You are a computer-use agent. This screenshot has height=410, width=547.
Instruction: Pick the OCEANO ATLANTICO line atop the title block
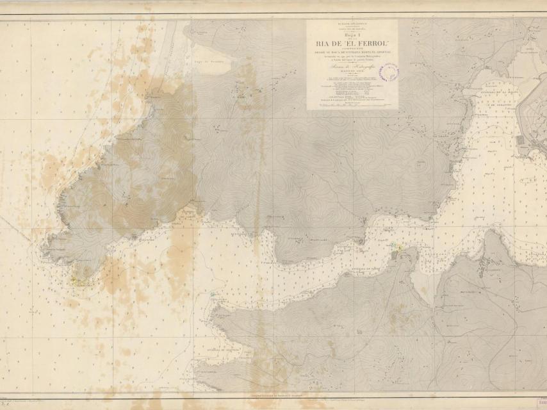point(351,23)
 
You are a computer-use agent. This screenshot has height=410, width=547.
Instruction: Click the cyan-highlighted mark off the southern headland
point(212,295)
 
